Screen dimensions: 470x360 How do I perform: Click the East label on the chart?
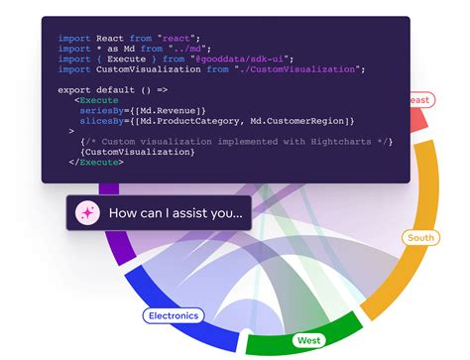pyautogui.click(x=419, y=100)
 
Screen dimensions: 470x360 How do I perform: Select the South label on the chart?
pyautogui.click(x=420, y=238)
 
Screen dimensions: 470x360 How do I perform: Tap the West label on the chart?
pyautogui.click(x=308, y=340)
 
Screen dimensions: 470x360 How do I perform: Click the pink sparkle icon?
pyautogui.click(x=86, y=212)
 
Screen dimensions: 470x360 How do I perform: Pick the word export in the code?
pyautogui.click(x=76, y=90)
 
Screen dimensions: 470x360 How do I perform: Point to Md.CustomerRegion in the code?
pyautogui.click(x=296, y=121)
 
